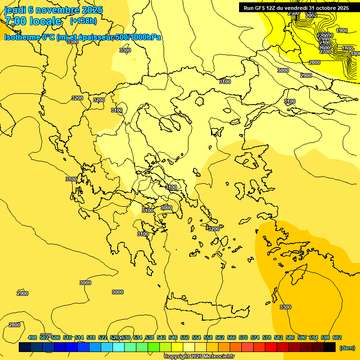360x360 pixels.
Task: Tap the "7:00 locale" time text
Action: [33, 21]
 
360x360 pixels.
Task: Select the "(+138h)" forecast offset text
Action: [83, 21]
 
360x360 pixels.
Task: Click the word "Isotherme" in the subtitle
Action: [22, 37]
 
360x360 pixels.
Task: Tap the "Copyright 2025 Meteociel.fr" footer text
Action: [199, 356]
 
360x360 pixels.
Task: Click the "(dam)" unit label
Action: [347, 347]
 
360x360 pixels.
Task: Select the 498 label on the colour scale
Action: [32, 337]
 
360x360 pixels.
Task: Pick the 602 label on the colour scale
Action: [337, 337]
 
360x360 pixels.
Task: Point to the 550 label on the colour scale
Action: [185, 337]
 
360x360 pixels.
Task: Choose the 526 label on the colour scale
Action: [114, 337]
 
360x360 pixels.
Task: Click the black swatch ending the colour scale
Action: [330, 347]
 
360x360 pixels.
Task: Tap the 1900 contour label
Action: [342, 30]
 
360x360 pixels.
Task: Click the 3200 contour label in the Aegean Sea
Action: [213, 229]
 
